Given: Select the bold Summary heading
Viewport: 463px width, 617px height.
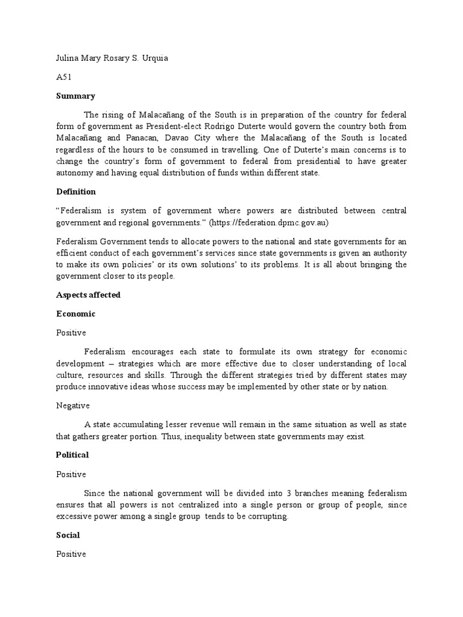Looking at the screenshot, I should coord(75,96).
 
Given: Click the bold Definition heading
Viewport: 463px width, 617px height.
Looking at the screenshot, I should coord(76,192).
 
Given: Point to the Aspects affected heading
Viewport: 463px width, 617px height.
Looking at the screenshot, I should coord(88,295).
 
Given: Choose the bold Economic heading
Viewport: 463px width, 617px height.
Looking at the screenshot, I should coord(76,314).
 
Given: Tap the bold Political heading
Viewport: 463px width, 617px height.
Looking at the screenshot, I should coord(72,455).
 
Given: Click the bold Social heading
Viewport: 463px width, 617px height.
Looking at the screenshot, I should coord(68,535).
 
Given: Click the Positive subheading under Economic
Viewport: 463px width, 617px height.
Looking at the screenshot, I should coord(71,333).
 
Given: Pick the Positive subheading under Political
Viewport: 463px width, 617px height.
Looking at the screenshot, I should coord(71,474).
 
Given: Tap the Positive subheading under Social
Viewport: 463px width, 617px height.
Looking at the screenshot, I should coord(71,554).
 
